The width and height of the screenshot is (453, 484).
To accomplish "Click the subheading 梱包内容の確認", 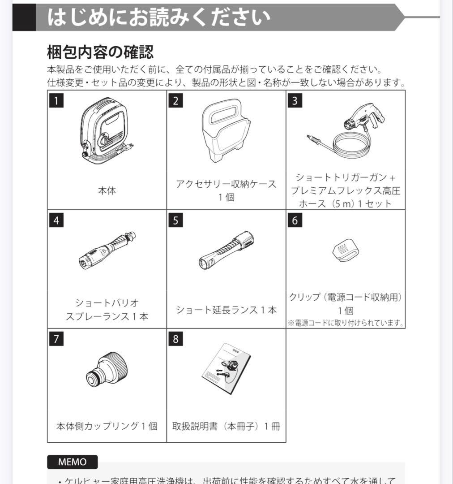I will tap(100, 52).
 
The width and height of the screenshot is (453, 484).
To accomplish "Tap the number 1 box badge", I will tap(56, 100).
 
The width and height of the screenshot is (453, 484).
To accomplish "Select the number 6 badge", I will tap(295, 220).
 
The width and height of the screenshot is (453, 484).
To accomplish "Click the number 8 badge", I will tap(175, 339).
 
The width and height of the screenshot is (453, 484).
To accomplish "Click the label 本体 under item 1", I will tap(107, 191).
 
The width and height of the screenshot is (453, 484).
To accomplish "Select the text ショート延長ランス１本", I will tap(226, 310).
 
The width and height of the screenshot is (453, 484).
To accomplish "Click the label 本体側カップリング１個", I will tap(107, 426).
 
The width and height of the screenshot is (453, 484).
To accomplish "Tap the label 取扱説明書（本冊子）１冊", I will tap(226, 426).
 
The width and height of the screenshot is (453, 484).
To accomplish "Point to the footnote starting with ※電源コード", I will tap(346, 323).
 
